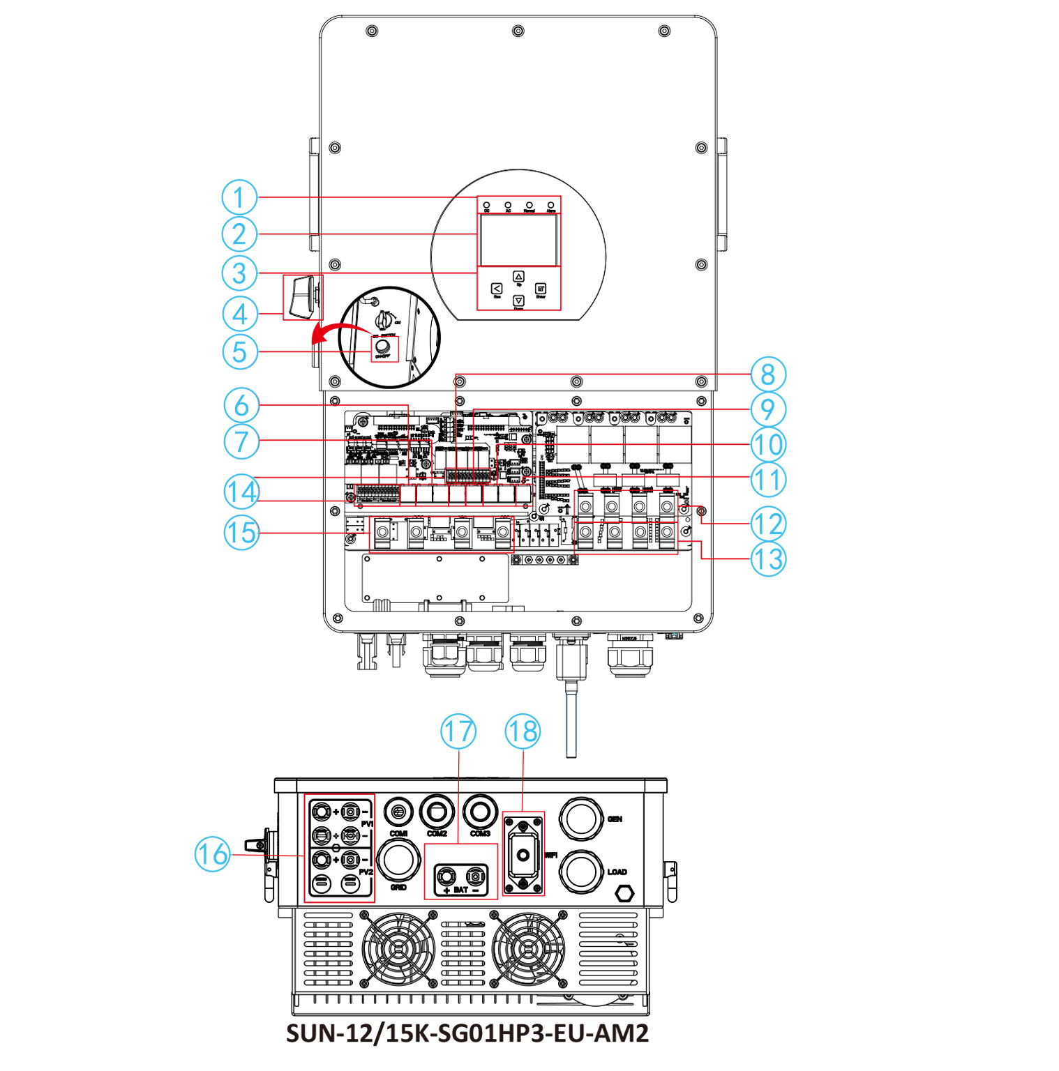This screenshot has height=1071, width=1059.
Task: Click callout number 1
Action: point(239,197)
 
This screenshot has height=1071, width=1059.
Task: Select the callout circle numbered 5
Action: point(239,351)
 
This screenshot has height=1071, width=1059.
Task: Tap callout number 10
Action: point(767,444)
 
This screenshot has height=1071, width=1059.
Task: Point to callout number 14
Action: point(241,492)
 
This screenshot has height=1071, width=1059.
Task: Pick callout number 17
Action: point(458,731)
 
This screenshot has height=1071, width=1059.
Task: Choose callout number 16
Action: point(212,853)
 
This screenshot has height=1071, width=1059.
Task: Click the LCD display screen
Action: point(518,239)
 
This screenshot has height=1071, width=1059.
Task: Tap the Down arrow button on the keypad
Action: point(518,301)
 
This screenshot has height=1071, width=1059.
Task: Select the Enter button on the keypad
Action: point(541,289)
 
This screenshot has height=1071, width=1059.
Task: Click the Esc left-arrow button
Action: point(497,289)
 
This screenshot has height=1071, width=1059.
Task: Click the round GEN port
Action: point(581,819)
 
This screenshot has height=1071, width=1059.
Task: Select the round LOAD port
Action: point(581,871)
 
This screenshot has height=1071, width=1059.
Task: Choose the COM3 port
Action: point(480,812)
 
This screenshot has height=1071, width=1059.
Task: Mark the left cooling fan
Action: point(398,949)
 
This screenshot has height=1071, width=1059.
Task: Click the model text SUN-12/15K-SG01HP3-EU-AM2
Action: point(467,1033)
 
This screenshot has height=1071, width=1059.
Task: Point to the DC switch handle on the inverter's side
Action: point(301,297)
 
